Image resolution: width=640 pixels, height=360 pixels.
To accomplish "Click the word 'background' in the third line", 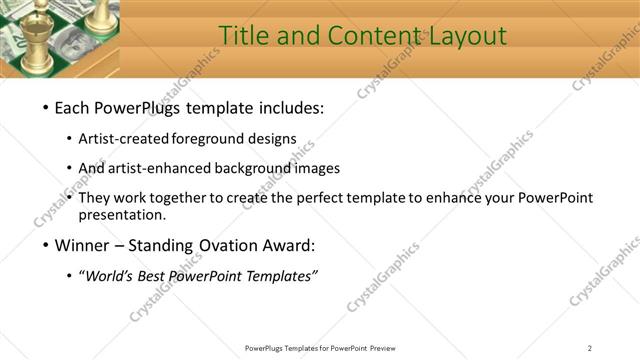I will pos(250,169).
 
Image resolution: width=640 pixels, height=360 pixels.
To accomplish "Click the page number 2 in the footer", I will pos(590,348).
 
